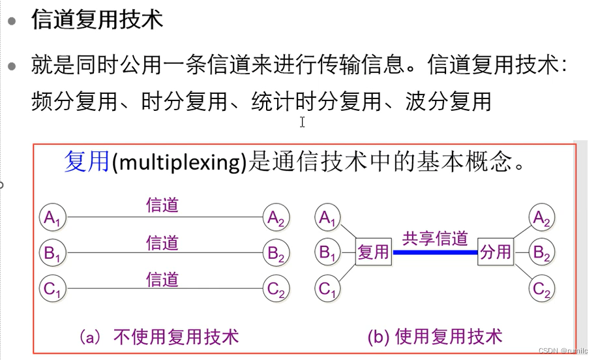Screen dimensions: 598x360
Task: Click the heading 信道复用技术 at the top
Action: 97,20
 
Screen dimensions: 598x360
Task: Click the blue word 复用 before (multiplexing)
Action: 87,161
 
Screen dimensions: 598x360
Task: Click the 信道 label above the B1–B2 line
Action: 162,243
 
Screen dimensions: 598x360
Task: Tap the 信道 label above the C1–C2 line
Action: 162,279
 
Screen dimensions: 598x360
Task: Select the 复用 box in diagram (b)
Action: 373,252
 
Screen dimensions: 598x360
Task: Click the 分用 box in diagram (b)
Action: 496,252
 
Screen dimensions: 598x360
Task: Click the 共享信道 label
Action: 435,238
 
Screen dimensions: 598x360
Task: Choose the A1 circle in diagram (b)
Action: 328,217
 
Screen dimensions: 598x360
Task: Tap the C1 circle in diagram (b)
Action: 328,288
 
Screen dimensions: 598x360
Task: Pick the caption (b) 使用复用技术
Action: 435,337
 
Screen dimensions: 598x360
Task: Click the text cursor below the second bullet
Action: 303,122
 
